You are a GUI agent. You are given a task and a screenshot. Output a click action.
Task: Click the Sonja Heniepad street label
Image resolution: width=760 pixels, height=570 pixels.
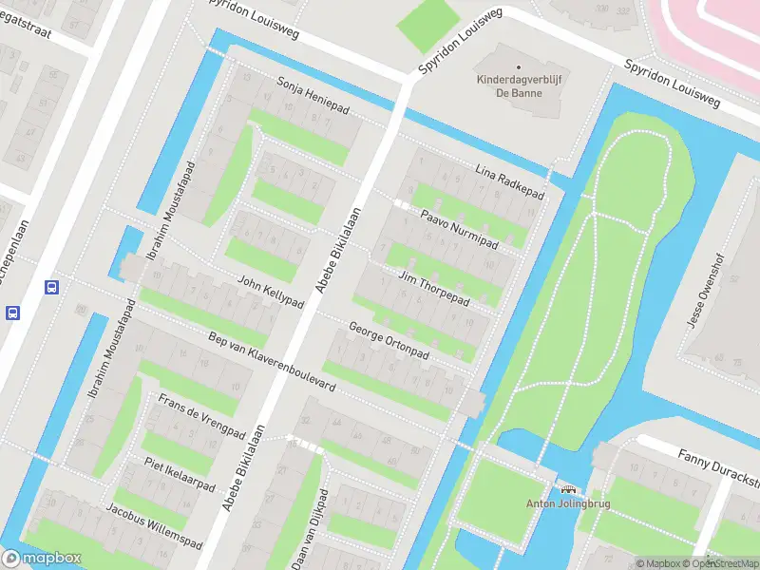click(313, 97)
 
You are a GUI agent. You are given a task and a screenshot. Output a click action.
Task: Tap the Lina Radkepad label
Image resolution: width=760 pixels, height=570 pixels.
click(509, 180)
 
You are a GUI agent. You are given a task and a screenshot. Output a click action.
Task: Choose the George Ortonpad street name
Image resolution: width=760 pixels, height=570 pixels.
click(389, 340)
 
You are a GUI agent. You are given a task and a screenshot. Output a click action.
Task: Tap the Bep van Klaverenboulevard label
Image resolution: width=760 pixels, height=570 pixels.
click(273, 365)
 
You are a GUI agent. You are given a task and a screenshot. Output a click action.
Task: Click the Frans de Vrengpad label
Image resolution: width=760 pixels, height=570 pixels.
click(200, 414)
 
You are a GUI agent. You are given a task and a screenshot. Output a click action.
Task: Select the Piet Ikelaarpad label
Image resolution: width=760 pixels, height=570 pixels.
click(180, 471)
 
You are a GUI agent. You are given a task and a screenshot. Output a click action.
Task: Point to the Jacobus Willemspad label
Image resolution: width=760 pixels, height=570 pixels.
click(155, 526)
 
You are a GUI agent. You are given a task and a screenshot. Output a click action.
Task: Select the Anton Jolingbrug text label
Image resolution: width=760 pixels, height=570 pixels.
click(569, 504)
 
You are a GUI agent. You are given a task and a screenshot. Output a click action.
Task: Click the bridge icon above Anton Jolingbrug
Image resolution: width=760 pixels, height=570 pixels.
click(569, 489)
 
